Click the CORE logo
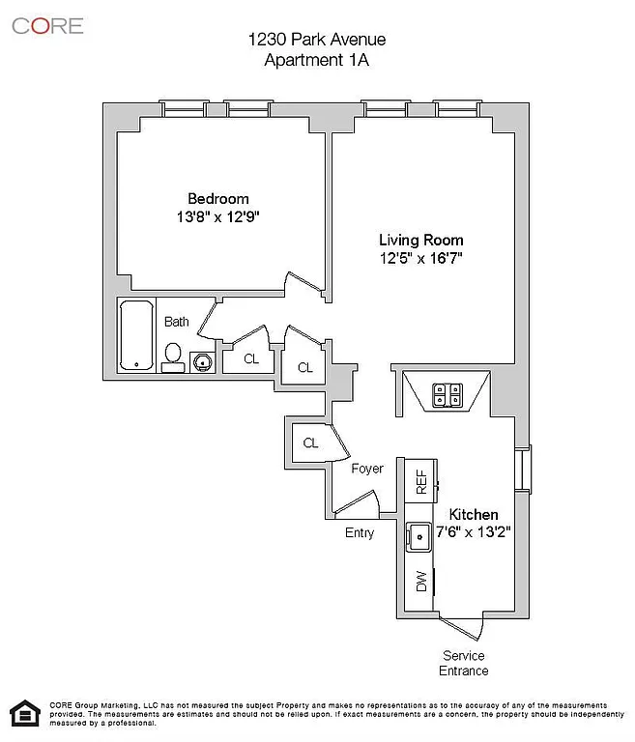47,25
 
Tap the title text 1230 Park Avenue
317,40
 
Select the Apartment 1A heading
317,59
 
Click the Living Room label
420,240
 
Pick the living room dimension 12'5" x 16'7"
420,258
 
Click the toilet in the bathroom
174,357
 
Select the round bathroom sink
202,362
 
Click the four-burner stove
447,393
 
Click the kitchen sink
420,535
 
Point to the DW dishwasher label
421,582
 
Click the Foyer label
366,469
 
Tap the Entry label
360,532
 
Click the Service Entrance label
464,663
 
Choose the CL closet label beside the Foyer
311,442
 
